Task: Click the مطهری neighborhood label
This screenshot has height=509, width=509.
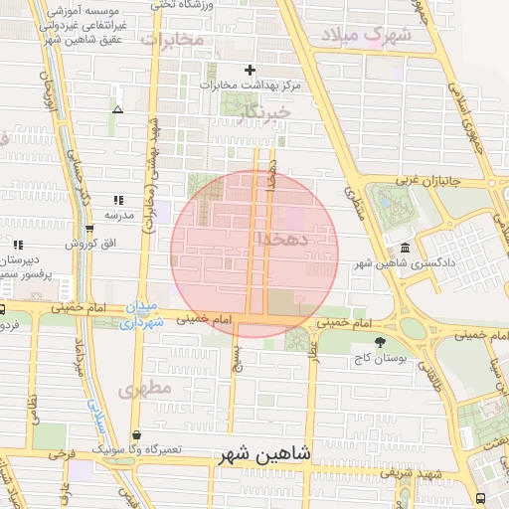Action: point(146,387)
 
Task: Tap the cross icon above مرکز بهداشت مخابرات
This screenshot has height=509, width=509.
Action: point(250,70)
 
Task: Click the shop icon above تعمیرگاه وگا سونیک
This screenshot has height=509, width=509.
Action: point(136,435)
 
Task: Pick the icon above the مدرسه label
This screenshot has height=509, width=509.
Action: point(118,200)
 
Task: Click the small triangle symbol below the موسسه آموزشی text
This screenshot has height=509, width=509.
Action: point(118,109)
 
